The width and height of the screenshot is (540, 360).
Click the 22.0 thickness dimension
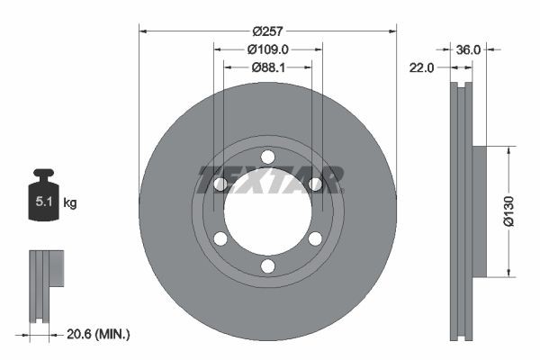[423, 67]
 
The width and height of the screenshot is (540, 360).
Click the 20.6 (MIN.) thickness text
[99, 334]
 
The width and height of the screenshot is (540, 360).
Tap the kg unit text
[70, 202]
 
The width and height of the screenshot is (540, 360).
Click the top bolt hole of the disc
[267, 157]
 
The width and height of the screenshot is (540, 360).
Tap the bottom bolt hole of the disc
[267, 266]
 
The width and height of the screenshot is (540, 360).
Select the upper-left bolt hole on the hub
[220, 184]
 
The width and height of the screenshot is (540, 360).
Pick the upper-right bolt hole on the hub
[315, 184]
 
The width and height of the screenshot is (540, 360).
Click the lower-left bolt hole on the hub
[220, 239]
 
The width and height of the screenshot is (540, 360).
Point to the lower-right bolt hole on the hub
[315, 239]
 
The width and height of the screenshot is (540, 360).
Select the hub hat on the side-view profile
[479, 211]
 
